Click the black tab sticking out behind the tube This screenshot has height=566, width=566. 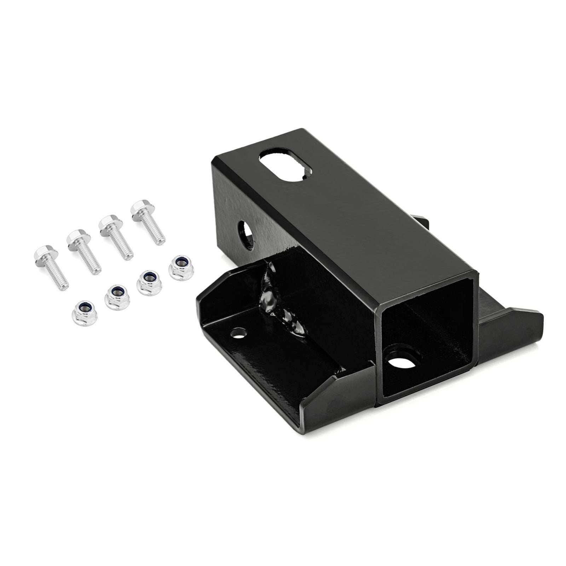(x=423, y=223)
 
